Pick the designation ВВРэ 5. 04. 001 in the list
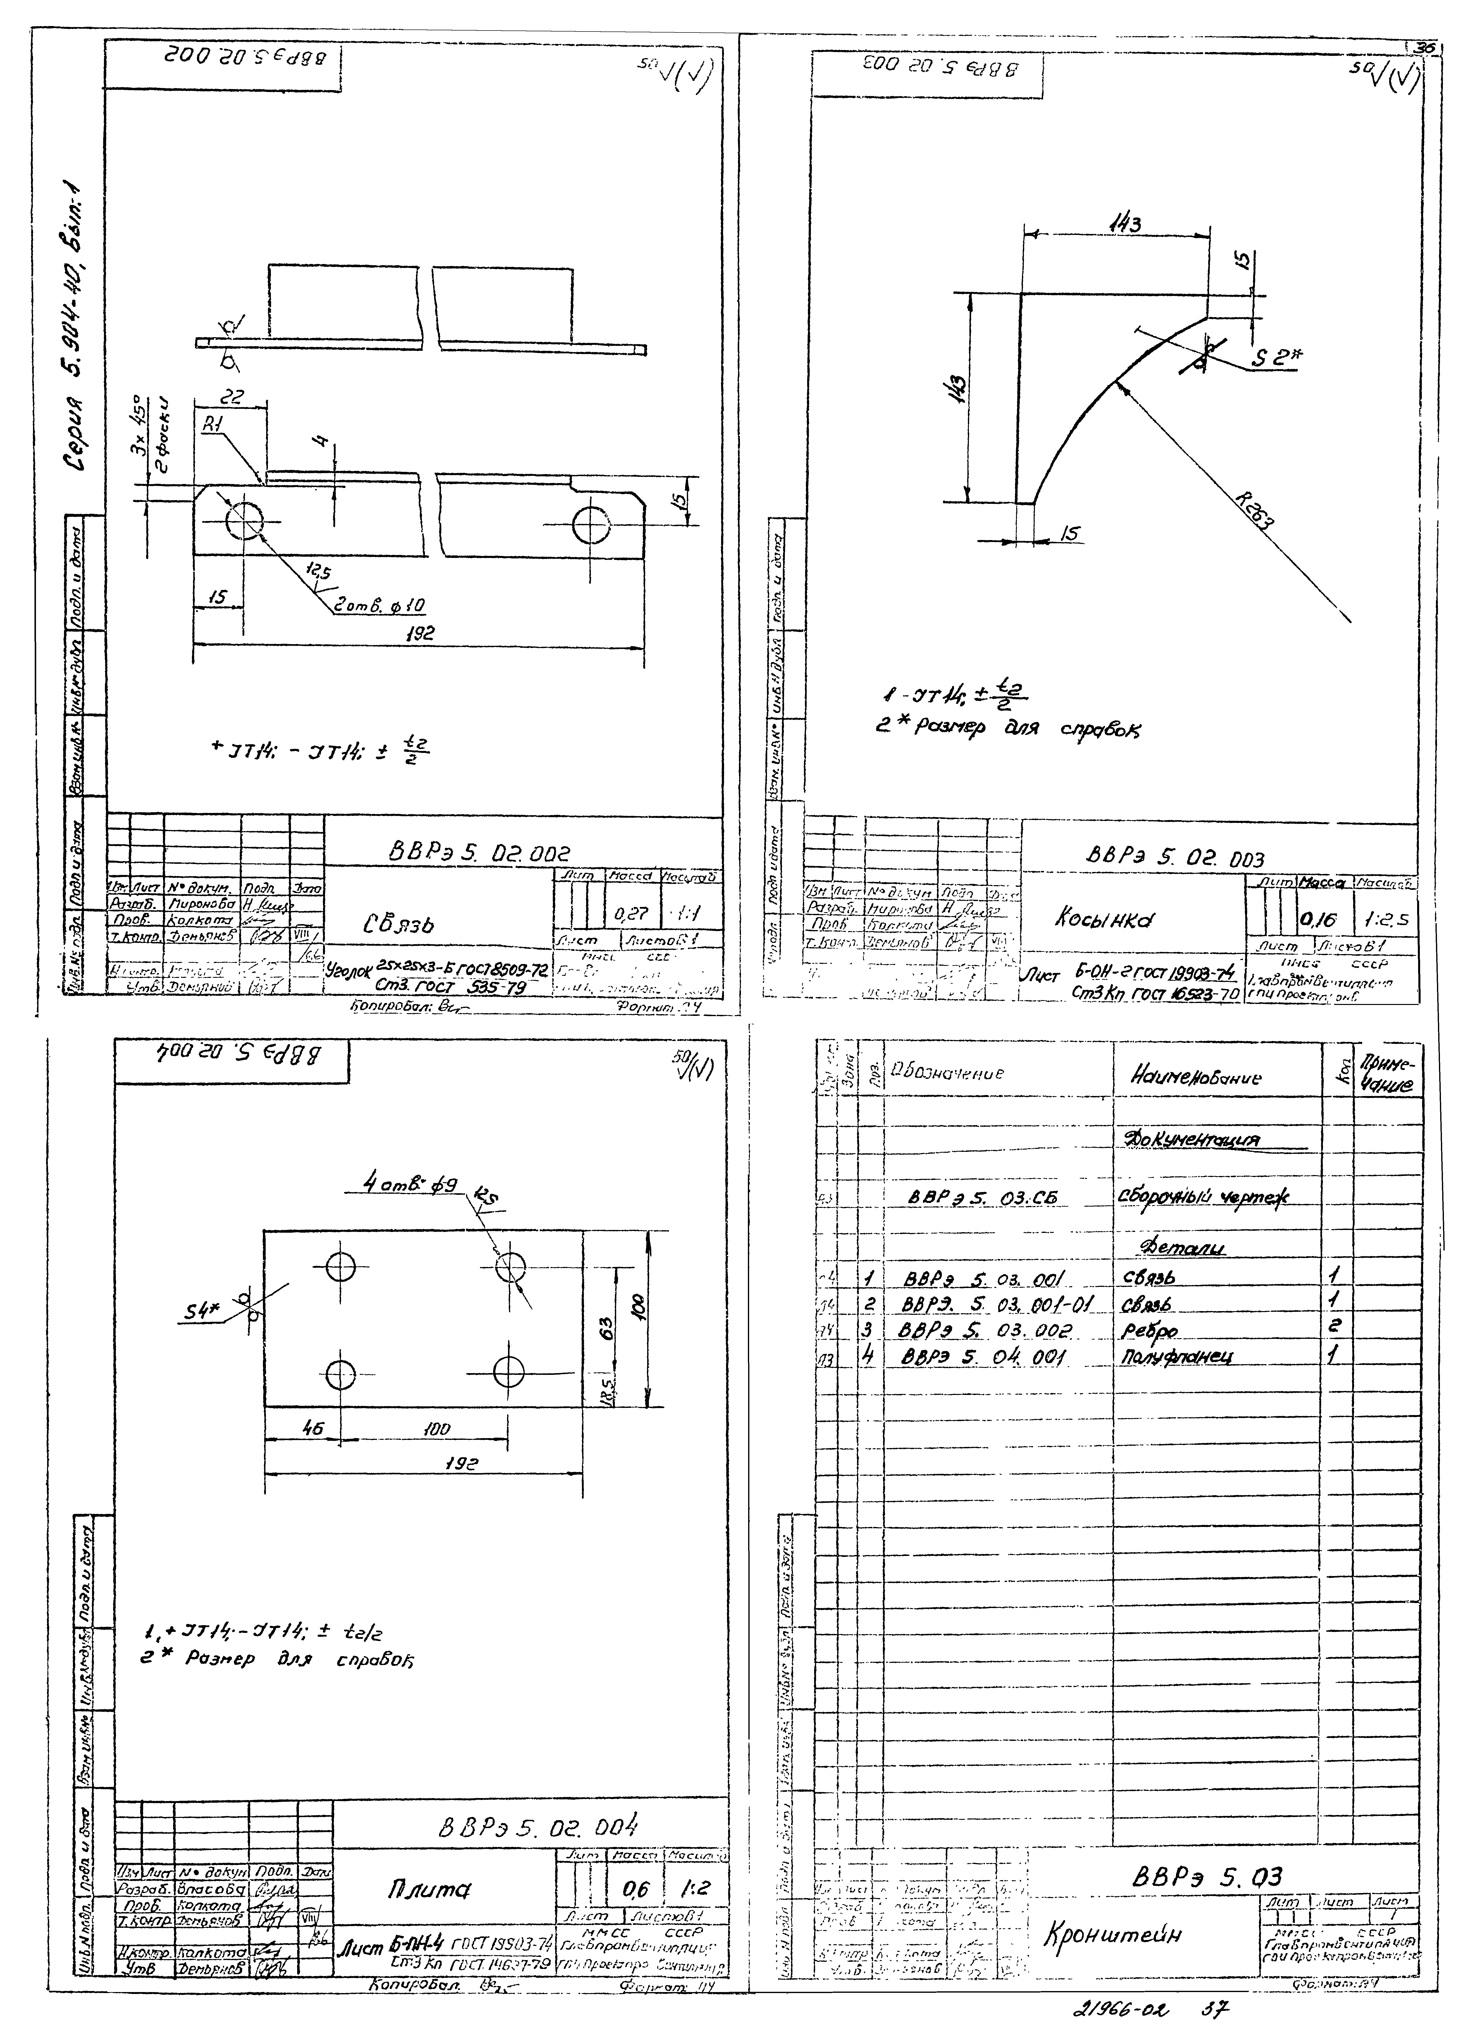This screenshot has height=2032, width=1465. click(985, 1358)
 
